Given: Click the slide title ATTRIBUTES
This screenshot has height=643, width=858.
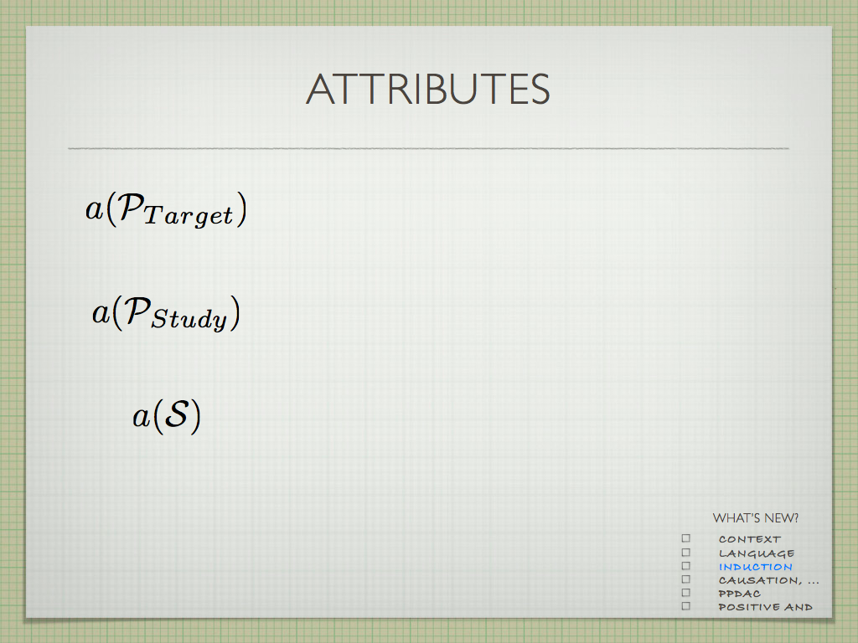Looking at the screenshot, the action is (x=428, y=89).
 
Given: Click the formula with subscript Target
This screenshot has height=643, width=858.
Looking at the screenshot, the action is (x=166, y=209).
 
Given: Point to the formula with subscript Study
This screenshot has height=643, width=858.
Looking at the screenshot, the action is (x=166, y=313).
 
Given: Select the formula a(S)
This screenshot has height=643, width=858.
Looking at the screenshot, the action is (x=167, y=416).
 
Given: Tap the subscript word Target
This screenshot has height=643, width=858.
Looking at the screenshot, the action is (x=189, y=215).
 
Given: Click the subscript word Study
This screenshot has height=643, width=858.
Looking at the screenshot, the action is (x=189, y=319).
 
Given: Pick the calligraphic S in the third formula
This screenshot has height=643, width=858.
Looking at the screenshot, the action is (x=176, y=414).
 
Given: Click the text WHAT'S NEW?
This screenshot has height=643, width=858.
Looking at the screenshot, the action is (x=755, y=517).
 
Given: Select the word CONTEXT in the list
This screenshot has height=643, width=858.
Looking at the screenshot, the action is (x=750, y=540).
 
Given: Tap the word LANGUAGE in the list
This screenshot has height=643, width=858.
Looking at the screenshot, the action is (x=757, y=554).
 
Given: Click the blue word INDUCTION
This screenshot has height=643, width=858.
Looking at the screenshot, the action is (x=755, y=567).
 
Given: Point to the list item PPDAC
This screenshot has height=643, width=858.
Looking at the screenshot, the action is (x=739, y=594).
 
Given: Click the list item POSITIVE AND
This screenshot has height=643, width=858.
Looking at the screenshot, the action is (x=765, y=607).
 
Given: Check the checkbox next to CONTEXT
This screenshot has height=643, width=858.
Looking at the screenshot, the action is (x=686, y=538).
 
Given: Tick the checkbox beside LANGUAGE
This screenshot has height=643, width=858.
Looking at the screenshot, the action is (x=686, y=553).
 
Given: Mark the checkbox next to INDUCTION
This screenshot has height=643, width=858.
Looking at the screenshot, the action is (x=686, y=566).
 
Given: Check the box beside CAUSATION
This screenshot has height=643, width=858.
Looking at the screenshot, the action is (x=686, y=579).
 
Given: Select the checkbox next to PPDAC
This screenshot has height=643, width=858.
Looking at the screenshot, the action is (x=686, y=593).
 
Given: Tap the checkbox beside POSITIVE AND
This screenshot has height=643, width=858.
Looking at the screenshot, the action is (x=686, y=606).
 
